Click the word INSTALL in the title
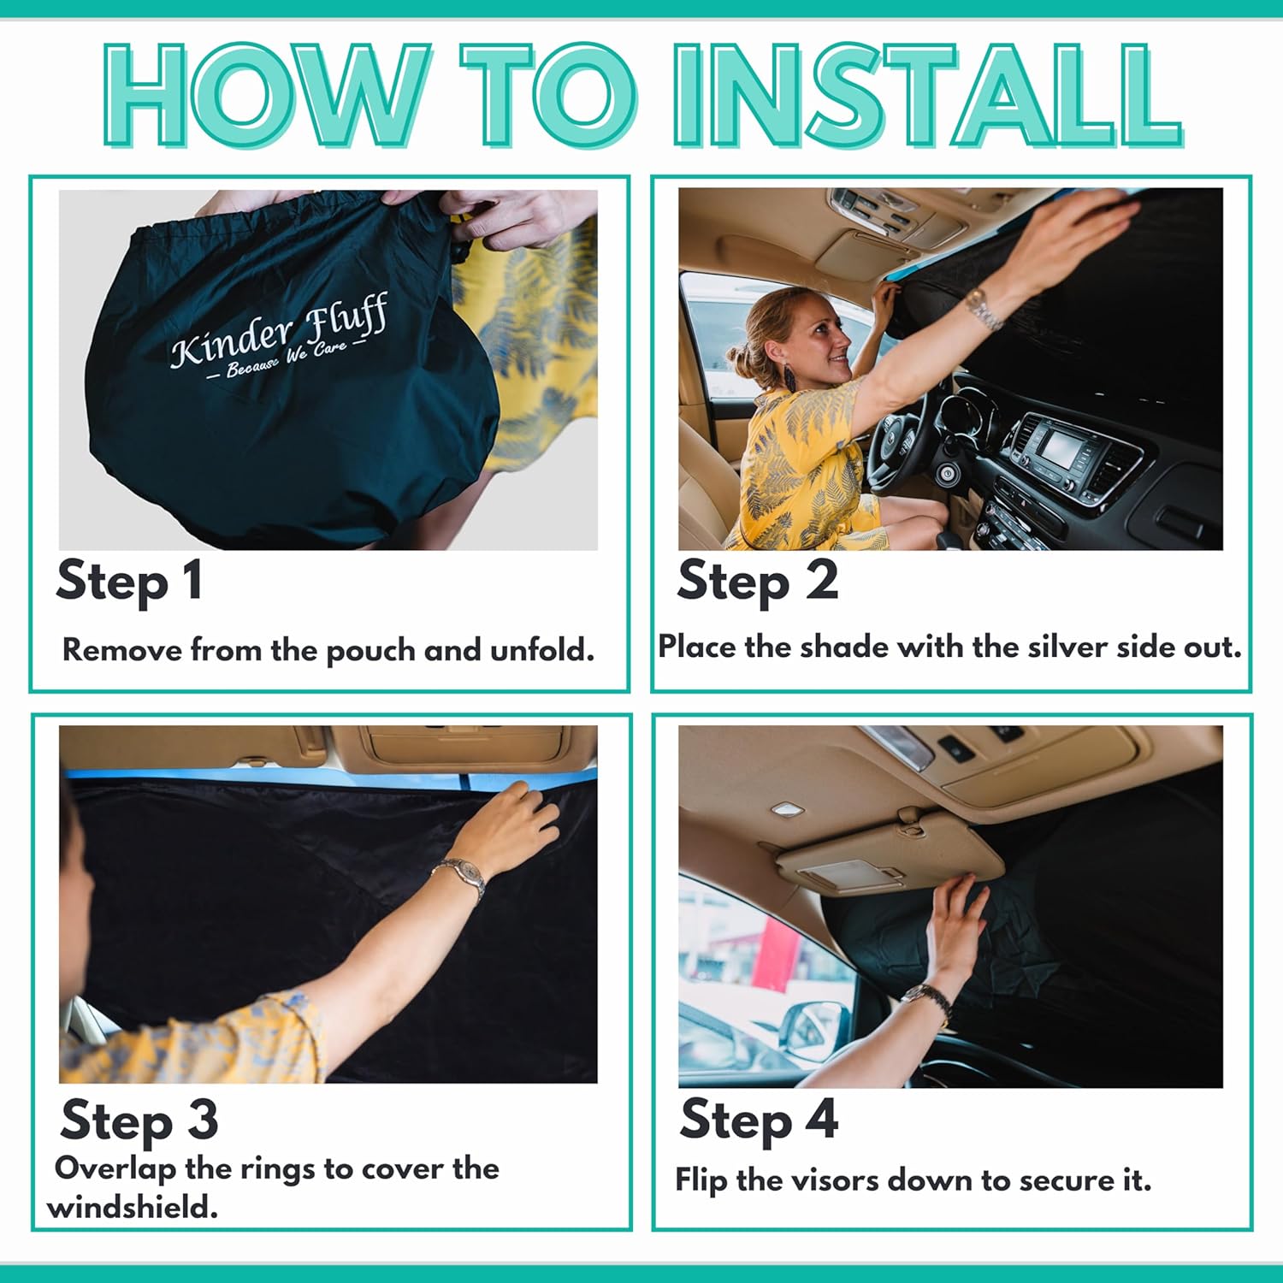928,95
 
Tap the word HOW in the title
266,95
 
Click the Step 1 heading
129,582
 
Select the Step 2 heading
757,582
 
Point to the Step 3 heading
139,1120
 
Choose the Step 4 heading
759,1120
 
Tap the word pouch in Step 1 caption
371,652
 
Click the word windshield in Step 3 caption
133,1208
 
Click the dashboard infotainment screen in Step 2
1061,448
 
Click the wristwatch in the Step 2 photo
984,309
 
